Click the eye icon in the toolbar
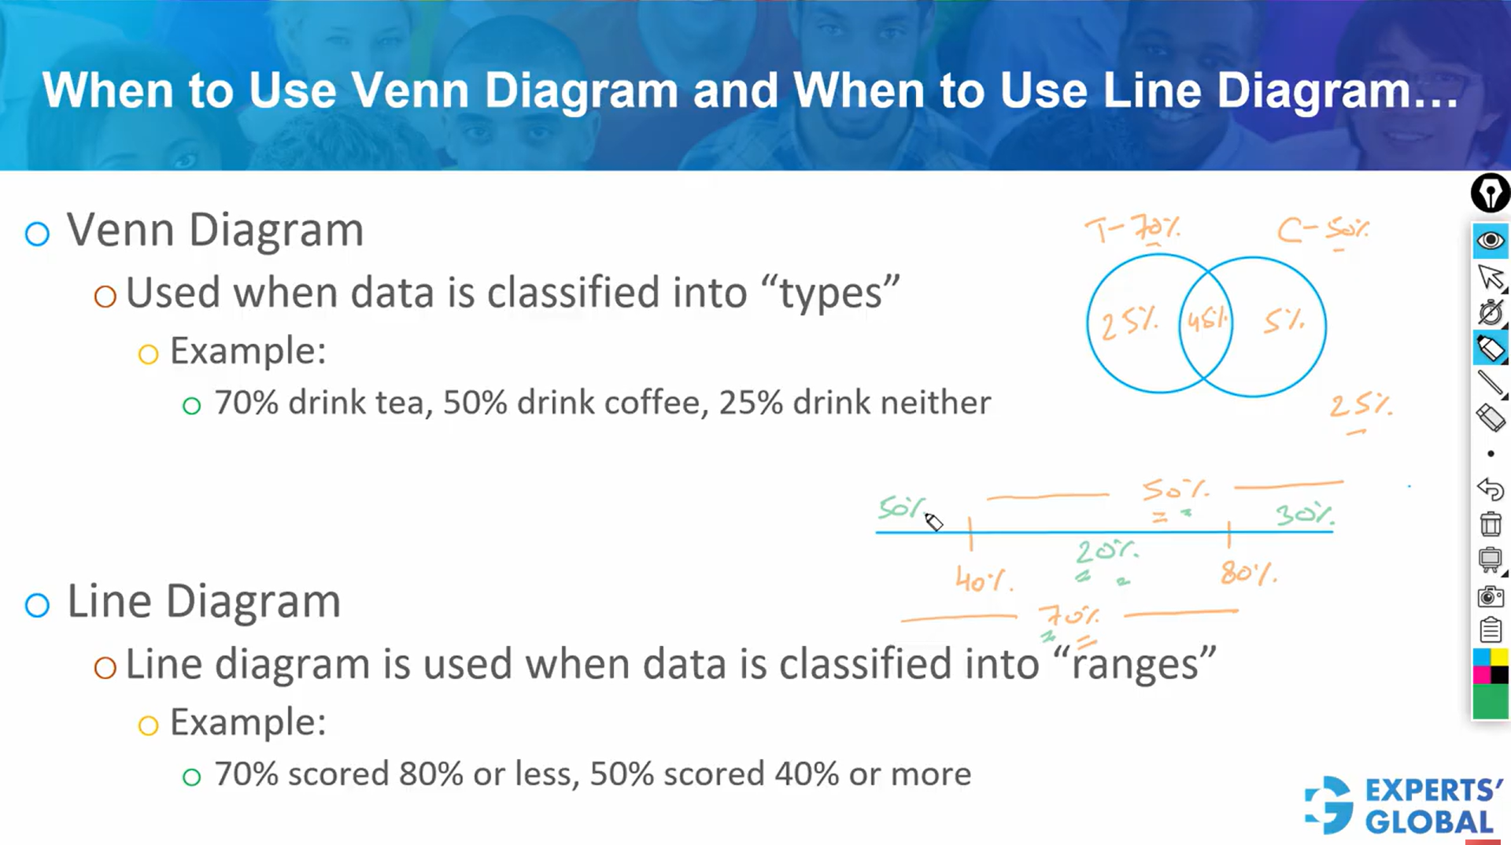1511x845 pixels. coord(1490,240)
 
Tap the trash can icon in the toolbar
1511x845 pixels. coord(1490,523)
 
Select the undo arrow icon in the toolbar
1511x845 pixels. coord(1490,489)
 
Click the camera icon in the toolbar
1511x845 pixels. coord(1490,596)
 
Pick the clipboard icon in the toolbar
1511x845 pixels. coord(1490,630)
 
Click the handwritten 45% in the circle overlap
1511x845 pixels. coord(1206,320)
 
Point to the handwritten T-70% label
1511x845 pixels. coord(1132,229)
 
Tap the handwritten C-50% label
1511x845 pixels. coord(1322,230)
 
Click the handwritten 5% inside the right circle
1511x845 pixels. coord(1284,321)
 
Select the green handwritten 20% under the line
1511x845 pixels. coord(1106,551)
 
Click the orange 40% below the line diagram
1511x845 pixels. coord(983,581)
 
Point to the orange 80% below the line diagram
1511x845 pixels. coord(1247,573)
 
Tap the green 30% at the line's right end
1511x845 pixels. coord(1304,515)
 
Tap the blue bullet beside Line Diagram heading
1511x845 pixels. coord(37,605)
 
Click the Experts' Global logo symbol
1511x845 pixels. coord(1329,804)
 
